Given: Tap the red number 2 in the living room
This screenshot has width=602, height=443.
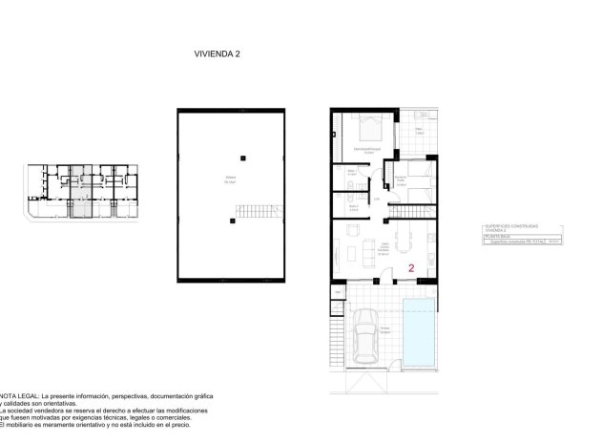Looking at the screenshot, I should (x=411, y=269).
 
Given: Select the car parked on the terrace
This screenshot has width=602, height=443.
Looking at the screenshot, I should (x=364, y=339).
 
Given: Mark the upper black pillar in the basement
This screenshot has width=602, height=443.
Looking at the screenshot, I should (x=243, y=157).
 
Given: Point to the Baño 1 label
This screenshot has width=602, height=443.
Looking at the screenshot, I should (x=352, y=173).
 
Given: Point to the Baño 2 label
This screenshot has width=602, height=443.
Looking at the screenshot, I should (x=352, y=206).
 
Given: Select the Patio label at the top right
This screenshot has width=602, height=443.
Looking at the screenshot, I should (x=419, y=132).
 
